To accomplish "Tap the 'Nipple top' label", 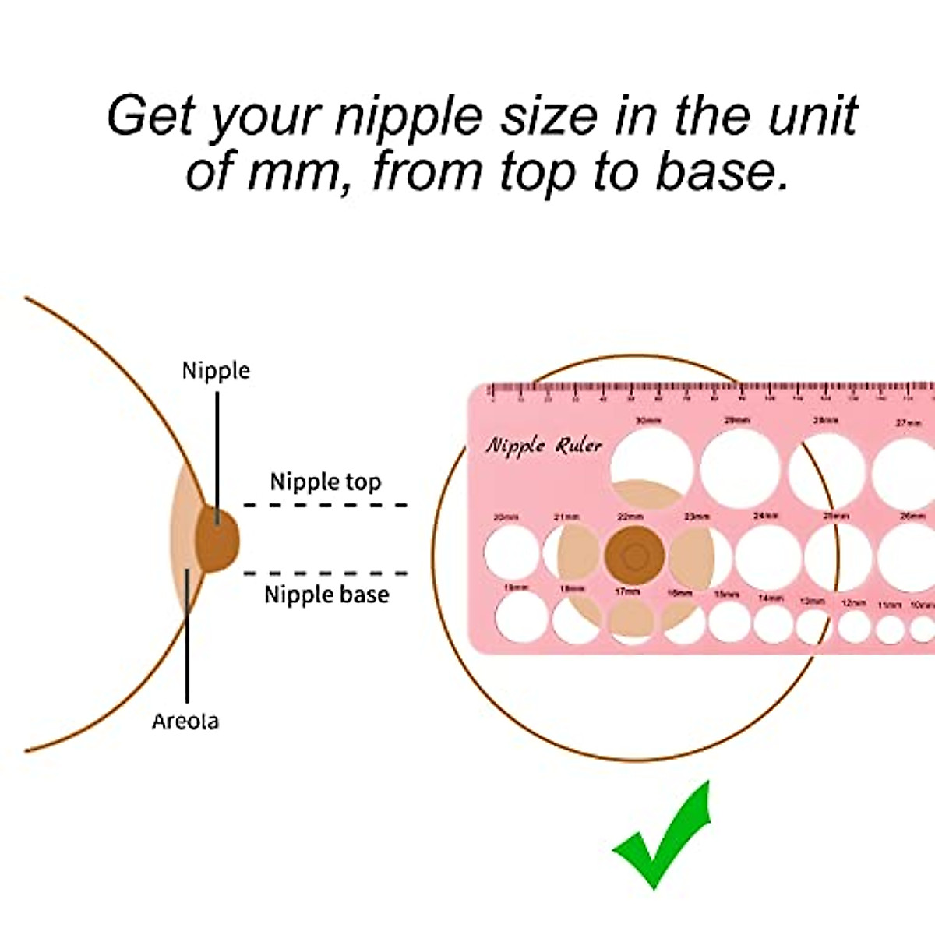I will coord(326,482).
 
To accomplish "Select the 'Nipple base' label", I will coord(326,595).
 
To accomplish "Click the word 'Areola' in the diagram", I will coord(185,721).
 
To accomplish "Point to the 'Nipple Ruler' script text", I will coord(544,446).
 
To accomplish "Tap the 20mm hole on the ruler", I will coord(511,552).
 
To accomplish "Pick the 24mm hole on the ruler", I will coord(767,556).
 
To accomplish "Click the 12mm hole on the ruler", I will coord(854,626).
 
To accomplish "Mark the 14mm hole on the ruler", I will coord(772,624).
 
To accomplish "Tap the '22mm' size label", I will coord(630,517).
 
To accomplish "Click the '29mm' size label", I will coord(737,421).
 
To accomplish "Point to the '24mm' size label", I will coord(766,516).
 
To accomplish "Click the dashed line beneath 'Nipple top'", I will coord(326,505).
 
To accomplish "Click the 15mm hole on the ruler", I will coord(729,623).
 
